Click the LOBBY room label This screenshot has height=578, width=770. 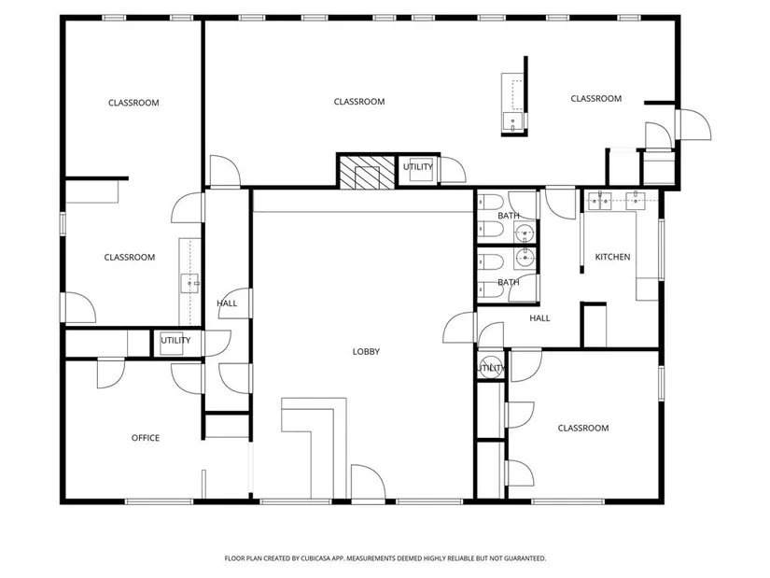366,351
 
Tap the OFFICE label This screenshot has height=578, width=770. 146,438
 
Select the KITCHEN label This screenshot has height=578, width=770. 612,257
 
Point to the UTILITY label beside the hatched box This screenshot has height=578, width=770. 418,167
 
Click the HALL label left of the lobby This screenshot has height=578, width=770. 227,303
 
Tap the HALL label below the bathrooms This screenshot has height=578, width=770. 539,318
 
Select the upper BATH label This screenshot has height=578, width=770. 509,216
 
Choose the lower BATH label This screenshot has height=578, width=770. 509,282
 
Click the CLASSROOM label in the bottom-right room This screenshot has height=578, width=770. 583,428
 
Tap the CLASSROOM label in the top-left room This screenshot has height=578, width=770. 133,103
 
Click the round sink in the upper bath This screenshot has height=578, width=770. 525,232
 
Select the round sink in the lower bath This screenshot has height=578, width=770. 525,257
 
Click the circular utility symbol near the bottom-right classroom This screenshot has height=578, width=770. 490,368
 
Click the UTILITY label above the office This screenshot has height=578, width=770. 175,340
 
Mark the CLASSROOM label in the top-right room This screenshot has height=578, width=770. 595,99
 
